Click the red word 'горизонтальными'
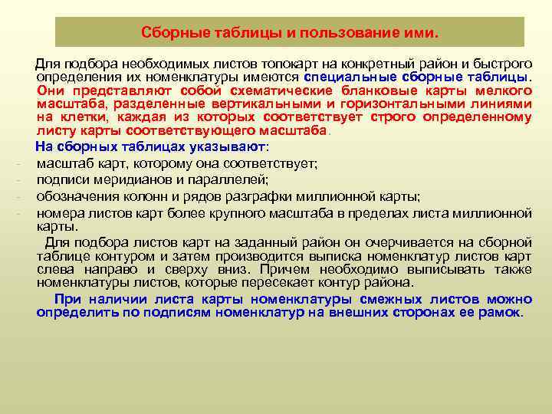(395, 104)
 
